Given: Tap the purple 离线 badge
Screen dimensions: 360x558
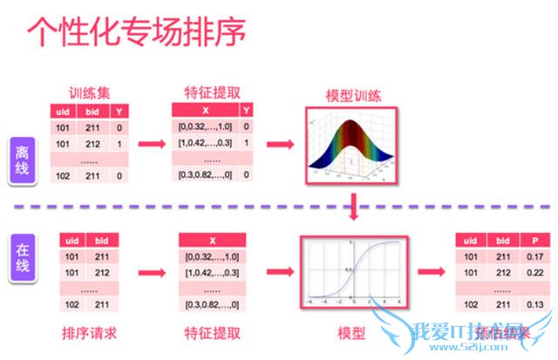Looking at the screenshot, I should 23,160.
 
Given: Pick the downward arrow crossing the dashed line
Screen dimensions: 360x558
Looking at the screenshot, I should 351,208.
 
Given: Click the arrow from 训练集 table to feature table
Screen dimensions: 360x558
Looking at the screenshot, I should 154,142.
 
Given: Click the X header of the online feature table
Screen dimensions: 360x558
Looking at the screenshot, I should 213,240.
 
